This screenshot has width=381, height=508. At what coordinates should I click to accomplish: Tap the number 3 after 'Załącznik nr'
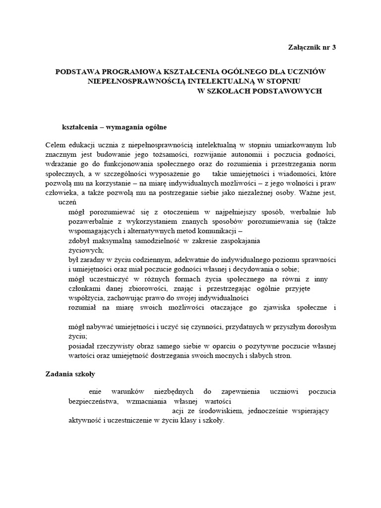[340, 48]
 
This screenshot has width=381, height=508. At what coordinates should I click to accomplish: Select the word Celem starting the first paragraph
[55, 145]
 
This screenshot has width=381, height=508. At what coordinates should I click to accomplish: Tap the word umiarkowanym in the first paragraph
[290, 145]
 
